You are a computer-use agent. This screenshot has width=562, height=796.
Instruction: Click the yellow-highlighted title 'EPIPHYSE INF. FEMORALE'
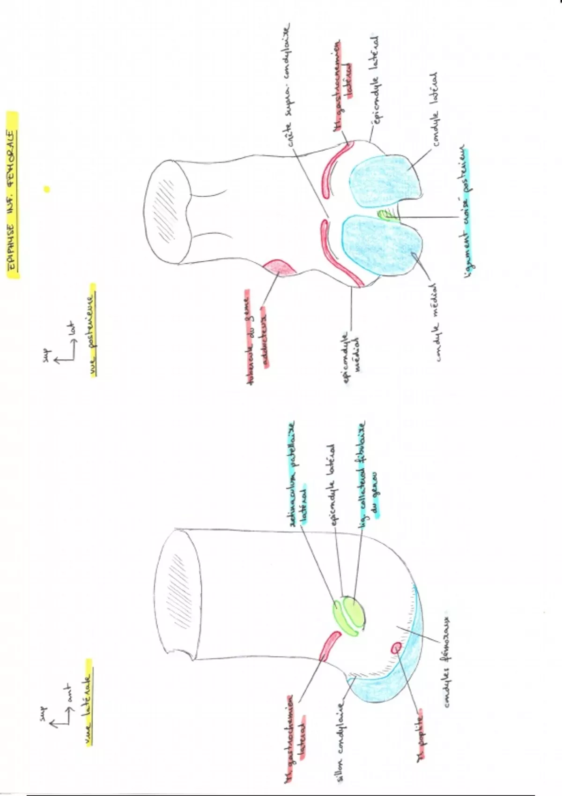click(13, 194)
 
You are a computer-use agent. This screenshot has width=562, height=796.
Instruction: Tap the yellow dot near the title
click(46, 189)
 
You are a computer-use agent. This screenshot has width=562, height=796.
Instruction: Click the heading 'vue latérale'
click(87, 700)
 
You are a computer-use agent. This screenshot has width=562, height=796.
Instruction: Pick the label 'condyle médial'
click(437, 322)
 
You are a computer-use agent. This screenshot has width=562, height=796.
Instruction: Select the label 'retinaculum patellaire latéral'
click(296, 473)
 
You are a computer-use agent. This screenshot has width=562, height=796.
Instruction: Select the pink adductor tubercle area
click(279, 267)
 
